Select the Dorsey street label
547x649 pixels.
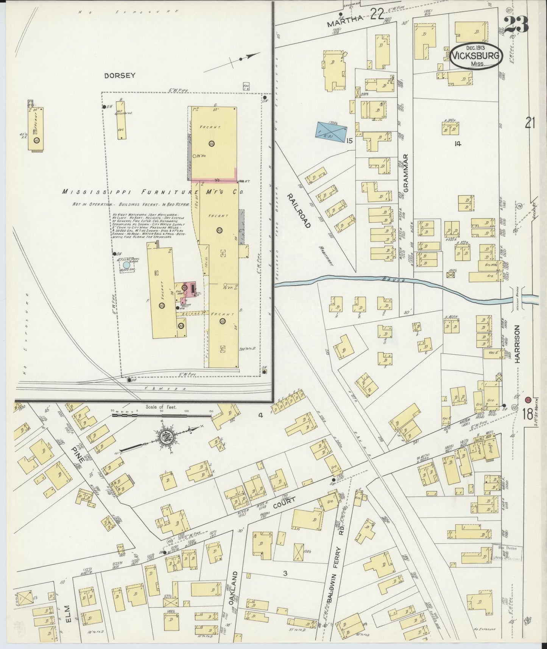pyautogui.click(x=120, y=75)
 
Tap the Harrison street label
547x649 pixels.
pyautogui.click(x=517, y=345)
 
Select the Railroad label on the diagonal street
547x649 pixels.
pyautogui.click(x=299, y=211)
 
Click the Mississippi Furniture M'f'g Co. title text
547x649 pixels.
pyautogui.click(x=152, y=192)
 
